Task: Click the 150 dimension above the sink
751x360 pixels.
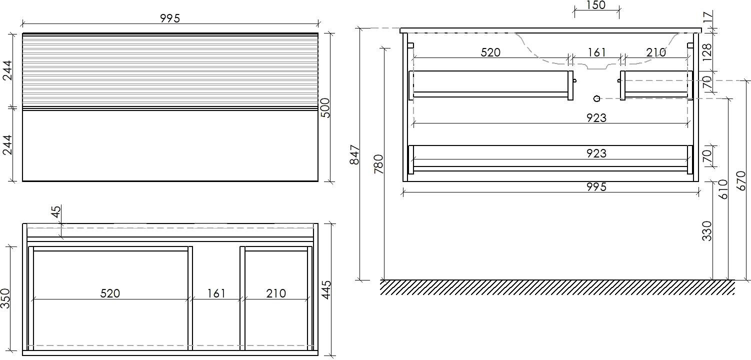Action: point(596,5)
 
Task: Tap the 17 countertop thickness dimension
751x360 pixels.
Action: point(706,18)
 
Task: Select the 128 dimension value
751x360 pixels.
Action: point(706,52)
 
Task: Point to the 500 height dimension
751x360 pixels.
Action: point(325,107)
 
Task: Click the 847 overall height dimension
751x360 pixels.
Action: point(354,154)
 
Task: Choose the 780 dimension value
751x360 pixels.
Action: point(378,164)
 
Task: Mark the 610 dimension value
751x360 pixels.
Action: point(723,189)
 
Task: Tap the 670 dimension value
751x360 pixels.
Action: point(741,180)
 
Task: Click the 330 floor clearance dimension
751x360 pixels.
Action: point(706,230)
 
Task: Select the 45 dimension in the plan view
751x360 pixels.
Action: point(56,211)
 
